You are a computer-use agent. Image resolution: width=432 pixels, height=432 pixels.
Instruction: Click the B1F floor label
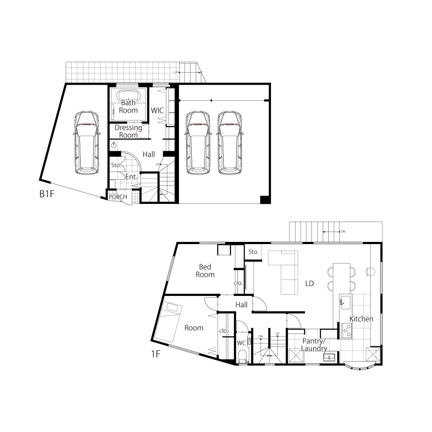coord(47,194)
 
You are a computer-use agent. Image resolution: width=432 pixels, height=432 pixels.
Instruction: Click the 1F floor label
coord(156,354)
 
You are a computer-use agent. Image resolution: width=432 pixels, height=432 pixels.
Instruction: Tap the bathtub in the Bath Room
coord(128,96)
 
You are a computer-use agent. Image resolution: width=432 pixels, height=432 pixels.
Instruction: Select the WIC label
coord(157,111)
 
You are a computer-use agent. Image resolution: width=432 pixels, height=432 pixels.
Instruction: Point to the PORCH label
coord(118,197)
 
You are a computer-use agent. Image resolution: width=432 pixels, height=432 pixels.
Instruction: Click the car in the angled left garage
coord(86,142)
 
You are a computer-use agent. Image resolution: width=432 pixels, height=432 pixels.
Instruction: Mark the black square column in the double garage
coord(265,200)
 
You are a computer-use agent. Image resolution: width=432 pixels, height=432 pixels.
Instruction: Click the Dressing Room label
coord(128,131)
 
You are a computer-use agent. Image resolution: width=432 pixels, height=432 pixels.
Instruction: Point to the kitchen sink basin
coord(346,302)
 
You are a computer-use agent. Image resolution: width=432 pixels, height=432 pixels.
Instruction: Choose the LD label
coord(310,283)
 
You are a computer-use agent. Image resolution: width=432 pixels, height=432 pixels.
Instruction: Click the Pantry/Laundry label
coord(314,345)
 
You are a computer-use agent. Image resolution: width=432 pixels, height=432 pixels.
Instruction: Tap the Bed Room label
coord(205,270)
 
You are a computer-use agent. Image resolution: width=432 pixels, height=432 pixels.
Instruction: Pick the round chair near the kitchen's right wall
coord(371,272)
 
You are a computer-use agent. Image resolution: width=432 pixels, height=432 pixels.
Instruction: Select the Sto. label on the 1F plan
coord(253,252)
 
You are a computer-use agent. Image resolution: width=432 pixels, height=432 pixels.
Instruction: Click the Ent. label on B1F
coord(131,177)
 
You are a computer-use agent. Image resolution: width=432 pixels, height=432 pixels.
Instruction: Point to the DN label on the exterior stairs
coord(343,232)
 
